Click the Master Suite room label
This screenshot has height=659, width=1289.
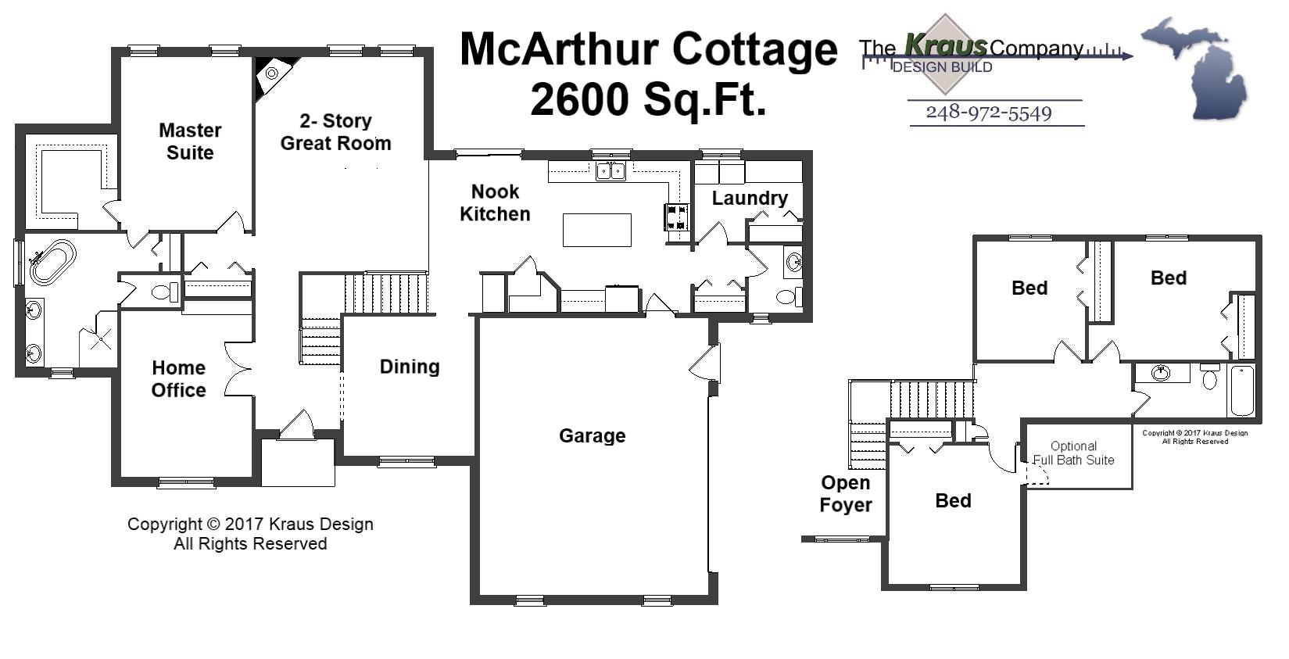190,141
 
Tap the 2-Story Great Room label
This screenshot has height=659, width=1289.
335,132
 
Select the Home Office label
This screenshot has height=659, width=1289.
178,379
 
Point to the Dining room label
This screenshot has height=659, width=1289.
409,367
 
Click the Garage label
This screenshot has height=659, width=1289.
592,435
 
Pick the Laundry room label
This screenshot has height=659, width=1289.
749,198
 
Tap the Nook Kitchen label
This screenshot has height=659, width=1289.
495,202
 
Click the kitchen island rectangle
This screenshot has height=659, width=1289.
596,230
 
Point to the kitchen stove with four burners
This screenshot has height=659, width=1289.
677,217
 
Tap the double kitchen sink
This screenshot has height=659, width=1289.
610,170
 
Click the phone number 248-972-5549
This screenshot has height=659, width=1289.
988,113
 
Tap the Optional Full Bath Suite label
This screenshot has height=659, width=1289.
1073,453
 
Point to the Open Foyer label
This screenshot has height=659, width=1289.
845,494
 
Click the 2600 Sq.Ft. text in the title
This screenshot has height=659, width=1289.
647,99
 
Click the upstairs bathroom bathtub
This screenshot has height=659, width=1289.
1241,390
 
